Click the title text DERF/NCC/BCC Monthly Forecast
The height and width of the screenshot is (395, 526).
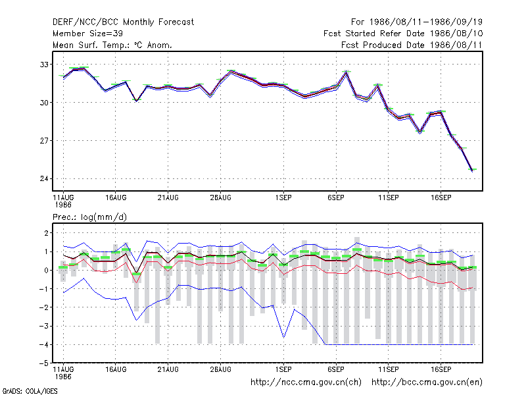click(x=123, y=22)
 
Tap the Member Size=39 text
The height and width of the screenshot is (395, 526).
click(x=87, y=34)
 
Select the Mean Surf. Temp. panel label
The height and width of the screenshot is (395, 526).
click(x=112, y=45)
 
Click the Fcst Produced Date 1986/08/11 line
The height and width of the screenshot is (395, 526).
click(x=412, y=45)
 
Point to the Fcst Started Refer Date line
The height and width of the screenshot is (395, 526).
click(x=403, y=34)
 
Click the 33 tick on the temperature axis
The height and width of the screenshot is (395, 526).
click(x=44, y=64)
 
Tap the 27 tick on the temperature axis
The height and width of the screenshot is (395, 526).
click(x=44, y=140)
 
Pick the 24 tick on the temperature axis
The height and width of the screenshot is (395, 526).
click(x=44, y=178)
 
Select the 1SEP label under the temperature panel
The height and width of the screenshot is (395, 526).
click(x=283, y=197)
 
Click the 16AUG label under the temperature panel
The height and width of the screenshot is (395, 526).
click(x=116, y=197)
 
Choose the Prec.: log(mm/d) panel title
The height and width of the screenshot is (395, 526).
click(x=89, y=217)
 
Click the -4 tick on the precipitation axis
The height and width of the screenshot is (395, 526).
click(x=43, y=344)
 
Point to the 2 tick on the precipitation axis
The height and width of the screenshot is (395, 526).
click(x=46, y=233)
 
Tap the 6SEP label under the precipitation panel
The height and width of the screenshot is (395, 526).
click(x=336, y=369)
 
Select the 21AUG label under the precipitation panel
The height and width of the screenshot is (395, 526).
click(x=168, y=369)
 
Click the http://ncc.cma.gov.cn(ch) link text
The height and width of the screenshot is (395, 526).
click(x=306, y=382)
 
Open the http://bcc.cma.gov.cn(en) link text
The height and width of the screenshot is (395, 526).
click(x=427, y=382)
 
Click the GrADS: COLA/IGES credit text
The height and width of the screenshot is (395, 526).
click(x=30, y=391)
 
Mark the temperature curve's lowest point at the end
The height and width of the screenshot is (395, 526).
click(x=472, y=171)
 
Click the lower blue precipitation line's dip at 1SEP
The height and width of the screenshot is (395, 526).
click(x=284, y=337)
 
